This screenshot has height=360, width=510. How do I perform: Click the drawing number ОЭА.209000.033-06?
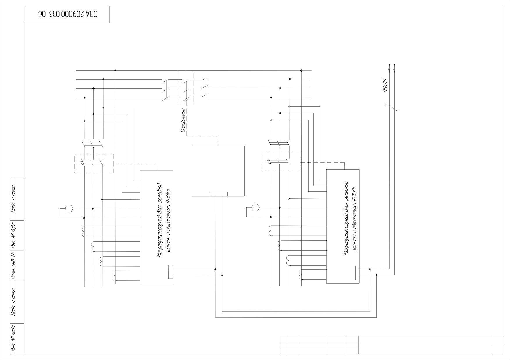pos(67,14)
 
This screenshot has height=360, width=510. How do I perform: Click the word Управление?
pos(183,121)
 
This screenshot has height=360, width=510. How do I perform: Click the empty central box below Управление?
pos(218,171)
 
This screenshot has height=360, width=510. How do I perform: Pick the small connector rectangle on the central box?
pos(219,194)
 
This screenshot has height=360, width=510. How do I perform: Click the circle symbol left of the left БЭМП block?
pos(69,209)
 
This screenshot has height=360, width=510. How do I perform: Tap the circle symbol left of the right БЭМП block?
pos(256,207)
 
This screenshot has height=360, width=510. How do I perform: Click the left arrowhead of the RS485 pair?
pos(389,67)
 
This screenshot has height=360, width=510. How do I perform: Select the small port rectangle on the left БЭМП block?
pos(171,272)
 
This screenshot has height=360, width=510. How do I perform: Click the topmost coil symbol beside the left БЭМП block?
pos(84,232)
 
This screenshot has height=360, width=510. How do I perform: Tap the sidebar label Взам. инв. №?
pos(13,266)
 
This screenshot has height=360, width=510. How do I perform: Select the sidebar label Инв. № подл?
pos(13,338)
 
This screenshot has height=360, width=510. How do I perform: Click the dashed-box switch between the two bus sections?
pos(186,88)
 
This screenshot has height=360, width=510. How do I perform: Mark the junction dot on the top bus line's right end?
pos(302,71)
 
